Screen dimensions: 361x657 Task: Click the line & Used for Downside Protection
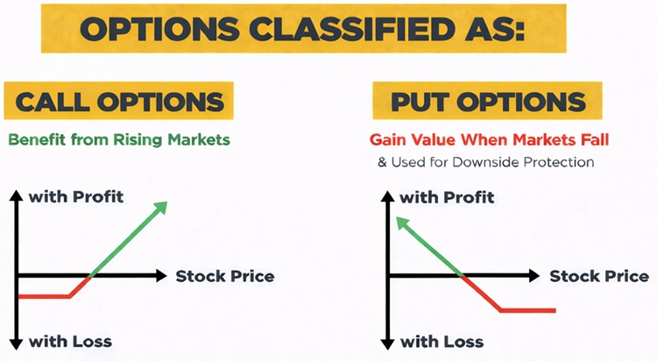[485, 162]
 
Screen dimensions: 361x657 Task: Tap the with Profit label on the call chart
[76, 196]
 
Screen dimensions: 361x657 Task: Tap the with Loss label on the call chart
[70, 340]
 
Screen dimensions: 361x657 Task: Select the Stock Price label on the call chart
[225, 276]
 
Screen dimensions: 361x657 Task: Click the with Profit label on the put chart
[447, 197]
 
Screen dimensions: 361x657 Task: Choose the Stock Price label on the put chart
[599, 276]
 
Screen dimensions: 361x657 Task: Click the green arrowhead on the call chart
[159, 207]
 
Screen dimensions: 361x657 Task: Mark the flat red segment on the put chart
[527, 309]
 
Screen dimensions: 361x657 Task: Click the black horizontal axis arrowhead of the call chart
[160, 275]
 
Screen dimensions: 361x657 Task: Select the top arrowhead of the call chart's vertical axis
[16, 195]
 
